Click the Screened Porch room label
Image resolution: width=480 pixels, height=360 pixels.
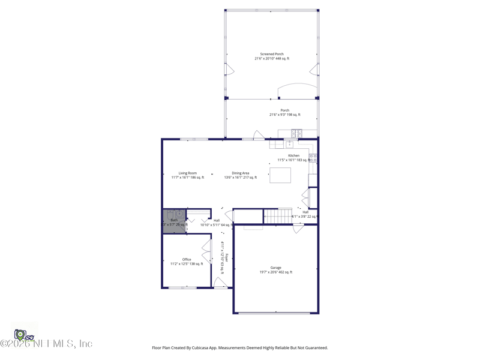(x=272, y=54)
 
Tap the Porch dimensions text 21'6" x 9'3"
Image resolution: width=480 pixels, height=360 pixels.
(x=284, y=115)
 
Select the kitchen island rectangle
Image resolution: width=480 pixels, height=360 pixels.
(x=280, y=175)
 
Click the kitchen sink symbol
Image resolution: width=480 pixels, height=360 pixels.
(x=289, y=144)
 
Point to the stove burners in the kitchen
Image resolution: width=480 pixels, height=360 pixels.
(x=313, y=158)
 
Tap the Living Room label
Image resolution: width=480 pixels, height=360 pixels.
(x=187, y=173)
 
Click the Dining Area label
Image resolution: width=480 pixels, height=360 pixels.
(x=241, y=173)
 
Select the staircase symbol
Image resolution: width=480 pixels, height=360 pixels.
(x=278, y=215)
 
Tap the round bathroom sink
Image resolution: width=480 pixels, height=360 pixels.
(x=179, y=214)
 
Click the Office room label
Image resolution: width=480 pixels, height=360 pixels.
(x=187, y=259)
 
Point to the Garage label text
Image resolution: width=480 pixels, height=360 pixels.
(x=275, y=268)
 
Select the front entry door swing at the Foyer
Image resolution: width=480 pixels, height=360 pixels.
(x=220, y=283)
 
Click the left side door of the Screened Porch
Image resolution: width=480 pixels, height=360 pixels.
(x=229, y=69)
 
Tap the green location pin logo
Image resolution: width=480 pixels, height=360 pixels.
(x=20, y=334)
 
